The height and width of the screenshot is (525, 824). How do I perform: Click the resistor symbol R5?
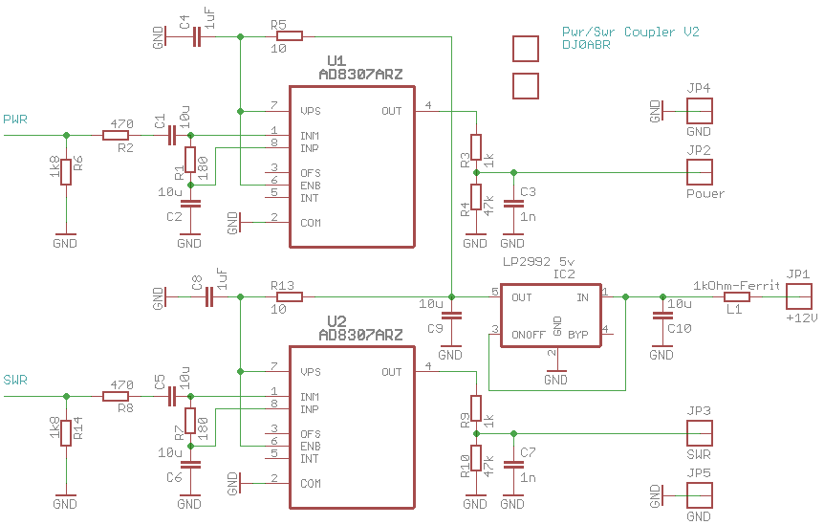(290, 36)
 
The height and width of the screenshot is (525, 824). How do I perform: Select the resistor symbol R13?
(290, 297)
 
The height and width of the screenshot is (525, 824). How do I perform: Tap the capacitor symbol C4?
(197, 37)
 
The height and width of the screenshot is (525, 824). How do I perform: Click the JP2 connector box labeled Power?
(699, 172)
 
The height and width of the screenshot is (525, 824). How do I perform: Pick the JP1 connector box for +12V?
(798, 296)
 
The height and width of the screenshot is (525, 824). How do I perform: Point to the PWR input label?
(15, 120)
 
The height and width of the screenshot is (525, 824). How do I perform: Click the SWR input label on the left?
(15, 380)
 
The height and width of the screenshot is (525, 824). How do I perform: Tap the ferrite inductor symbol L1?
(736, 297)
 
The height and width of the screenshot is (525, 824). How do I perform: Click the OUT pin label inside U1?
(391, 111)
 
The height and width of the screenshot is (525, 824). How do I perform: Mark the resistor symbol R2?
(117, 135)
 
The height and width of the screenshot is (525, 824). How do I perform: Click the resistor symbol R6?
(65, 172)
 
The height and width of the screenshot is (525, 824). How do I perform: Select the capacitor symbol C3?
(513, 204)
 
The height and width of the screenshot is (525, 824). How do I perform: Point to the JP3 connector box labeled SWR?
(699, 432)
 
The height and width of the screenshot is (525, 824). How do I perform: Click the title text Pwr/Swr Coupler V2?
(631, 32)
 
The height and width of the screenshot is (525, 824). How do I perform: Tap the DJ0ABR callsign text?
(587, 45)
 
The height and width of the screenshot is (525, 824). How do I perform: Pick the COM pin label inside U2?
(311, 483)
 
